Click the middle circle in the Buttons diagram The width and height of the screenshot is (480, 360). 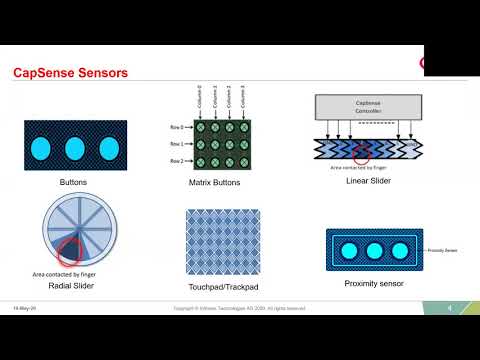(x=74, y=148)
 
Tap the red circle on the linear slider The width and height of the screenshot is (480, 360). (x=361, y=151)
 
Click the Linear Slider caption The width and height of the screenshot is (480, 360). (x=367, y=181)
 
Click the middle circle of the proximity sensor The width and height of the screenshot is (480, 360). (x=375, y=250)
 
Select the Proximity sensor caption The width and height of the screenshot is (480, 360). (x=374, y=284)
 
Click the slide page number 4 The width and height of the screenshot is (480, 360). (x=451, y=307)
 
